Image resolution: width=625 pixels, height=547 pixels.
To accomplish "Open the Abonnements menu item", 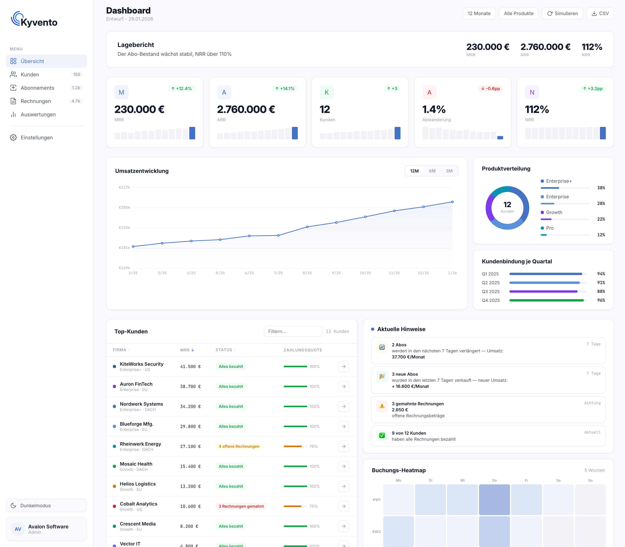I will (37, 88).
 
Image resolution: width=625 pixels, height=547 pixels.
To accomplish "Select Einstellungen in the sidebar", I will (37, 138).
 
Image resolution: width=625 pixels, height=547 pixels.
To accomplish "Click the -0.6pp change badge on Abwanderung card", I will (490, 88).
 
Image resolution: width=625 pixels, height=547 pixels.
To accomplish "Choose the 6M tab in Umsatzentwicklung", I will (432, 171).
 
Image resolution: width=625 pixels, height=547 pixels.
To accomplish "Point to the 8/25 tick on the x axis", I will (307, 273).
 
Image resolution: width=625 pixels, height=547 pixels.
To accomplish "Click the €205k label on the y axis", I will (124, 208).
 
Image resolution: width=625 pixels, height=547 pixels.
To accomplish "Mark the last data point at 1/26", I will (452, 202).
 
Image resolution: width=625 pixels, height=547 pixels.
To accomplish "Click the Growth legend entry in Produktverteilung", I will (554, 212).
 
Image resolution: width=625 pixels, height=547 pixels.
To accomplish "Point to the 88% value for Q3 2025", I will (601, 292).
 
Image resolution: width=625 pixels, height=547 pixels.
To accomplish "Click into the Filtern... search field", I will (293, 331).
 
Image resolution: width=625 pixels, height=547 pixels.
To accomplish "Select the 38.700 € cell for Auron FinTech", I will (190, 386).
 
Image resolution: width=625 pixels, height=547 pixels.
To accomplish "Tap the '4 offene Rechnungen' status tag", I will (239, 446).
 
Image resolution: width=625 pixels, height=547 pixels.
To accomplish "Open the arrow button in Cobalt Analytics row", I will (343, 506).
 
